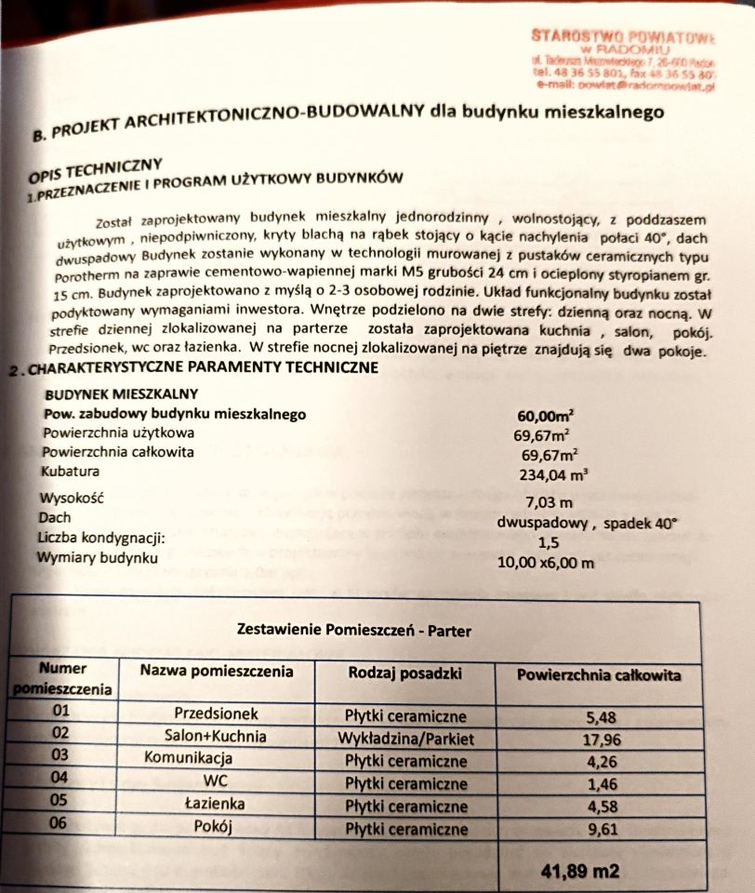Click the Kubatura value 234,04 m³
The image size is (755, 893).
pyautogui.click(x=553, y=473)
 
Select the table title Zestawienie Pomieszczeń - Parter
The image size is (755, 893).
pyautogui.click(x=354, y=631)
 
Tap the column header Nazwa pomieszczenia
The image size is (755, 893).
pyautogui.click(x=217, y=671)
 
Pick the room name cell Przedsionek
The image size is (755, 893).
pyautogui.click(x=216, y=714)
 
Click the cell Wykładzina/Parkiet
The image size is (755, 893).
pyautogui.click(x=407, y=739)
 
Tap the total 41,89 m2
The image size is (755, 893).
pyautogui.click(x=579, y=872)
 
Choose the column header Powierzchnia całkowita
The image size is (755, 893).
pyautogui.click(x=598, y=675)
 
